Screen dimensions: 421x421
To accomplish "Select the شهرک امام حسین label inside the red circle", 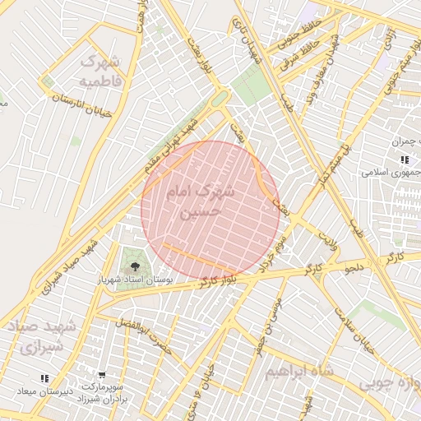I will click(x=201, y=200).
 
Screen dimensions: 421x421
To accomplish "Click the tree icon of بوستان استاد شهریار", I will click(x=134, y=265).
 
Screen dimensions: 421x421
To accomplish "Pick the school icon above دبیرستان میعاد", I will click(x=44, y=377).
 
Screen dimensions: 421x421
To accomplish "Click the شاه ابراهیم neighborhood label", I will click(x=300, y=372).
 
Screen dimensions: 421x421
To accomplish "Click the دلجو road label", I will click(x=354, y=269).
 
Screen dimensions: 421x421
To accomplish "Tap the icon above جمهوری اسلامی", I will click(x=404, y=160).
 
